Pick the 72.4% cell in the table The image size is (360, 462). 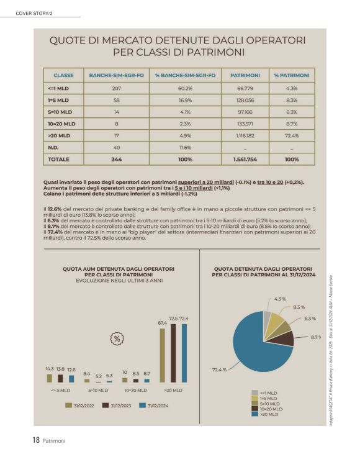[292, 135]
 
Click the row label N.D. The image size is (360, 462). [53, 147]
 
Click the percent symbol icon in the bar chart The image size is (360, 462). [116, 338]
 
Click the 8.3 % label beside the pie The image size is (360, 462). [299, 307]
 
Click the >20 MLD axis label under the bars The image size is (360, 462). [173, 391]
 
